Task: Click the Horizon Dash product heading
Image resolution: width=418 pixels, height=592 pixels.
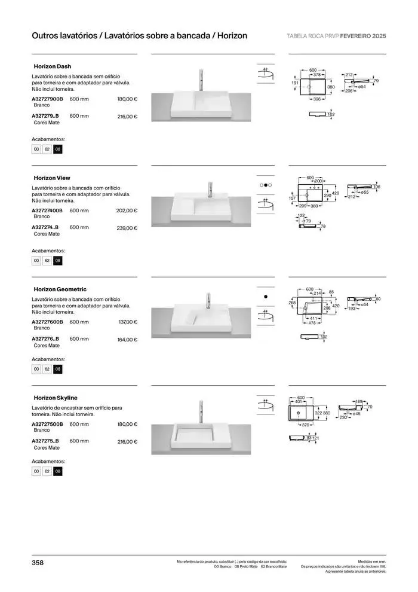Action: [x=53, y=66]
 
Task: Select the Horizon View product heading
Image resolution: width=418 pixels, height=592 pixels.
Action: [x=52, y=178]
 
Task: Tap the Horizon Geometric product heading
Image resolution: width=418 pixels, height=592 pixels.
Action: [x=60, y=289]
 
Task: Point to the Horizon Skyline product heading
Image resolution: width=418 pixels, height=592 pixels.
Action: [x=56, y=398]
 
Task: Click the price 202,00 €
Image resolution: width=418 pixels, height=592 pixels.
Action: [x=127, y=210]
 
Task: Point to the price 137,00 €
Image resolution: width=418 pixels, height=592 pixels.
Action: [x=128, y=322]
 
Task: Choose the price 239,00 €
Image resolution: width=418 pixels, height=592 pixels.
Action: [x=127, y=228]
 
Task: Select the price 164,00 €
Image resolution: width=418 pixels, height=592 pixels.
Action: [x=127, y=339]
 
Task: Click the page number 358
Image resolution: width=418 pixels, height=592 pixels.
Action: [x=38, y=563]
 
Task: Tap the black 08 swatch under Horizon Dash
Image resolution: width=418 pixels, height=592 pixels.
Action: [x=57, y=149]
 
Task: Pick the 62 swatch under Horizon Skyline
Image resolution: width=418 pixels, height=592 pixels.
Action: [x=47, y=472]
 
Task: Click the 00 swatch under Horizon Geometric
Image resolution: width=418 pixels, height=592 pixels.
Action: [x=36, y=369]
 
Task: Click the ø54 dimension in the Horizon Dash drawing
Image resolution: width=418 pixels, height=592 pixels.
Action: [x=362, y=87]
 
